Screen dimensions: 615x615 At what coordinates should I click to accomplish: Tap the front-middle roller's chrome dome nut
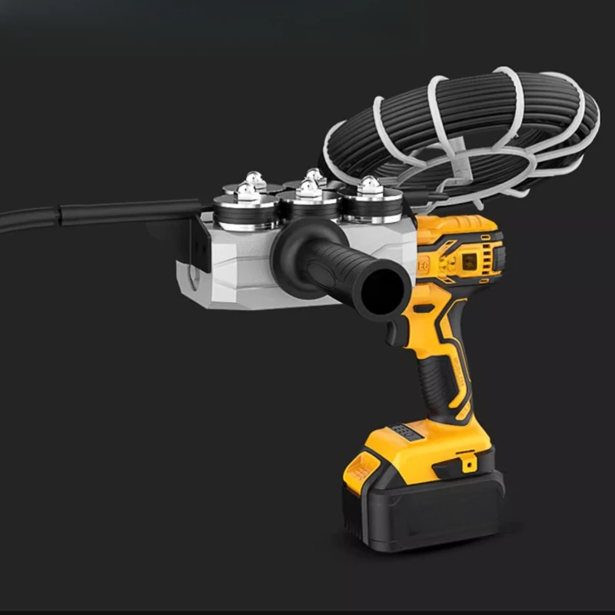309,188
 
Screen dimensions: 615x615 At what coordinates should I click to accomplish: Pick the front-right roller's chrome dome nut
369,185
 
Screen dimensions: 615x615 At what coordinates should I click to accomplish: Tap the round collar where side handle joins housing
289,257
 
